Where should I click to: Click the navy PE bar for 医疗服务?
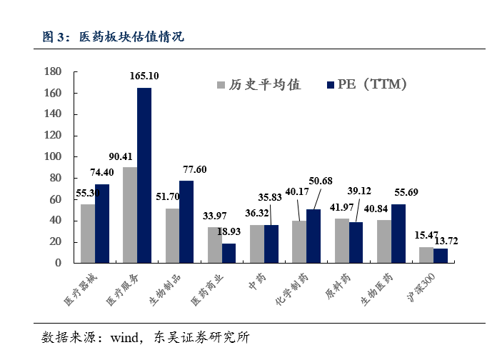pos(144,175)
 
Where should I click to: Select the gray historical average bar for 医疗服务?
pos(130,214)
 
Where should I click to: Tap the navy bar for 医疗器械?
pos(102,223)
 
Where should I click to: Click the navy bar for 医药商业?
pos(229,253)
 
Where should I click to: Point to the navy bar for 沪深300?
pos(441,255)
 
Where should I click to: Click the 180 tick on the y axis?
pos(53,71)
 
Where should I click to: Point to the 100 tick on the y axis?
pos(53,156)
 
